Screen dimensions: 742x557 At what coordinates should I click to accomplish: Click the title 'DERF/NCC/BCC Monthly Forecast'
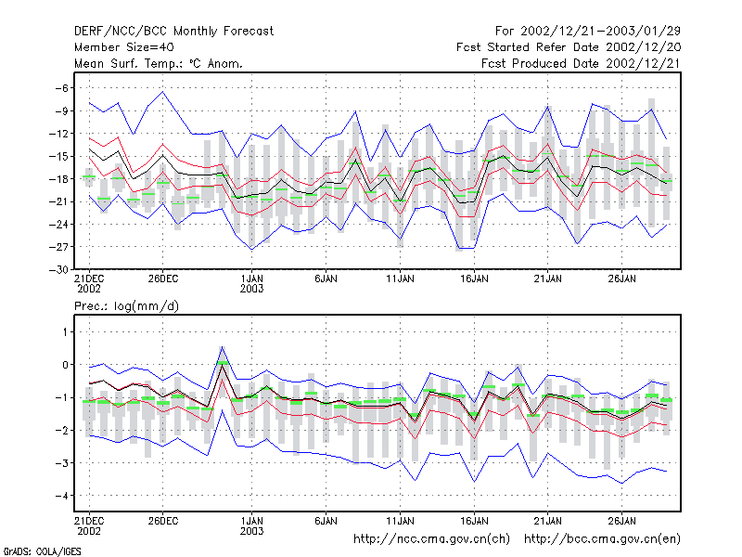click(173, 32)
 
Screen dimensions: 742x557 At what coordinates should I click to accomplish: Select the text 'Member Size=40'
click(124, 47)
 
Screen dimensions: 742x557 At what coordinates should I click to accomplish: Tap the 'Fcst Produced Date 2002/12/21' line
click(581, 63)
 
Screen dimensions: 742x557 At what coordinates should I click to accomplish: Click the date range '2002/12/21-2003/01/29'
click(600, 32)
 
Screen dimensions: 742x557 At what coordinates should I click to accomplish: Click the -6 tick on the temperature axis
click(62, 88)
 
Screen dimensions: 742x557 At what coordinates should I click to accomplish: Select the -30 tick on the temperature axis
click(58, 269)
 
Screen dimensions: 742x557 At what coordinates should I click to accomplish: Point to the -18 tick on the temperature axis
click(58, 179)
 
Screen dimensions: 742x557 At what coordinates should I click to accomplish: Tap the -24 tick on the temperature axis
click(58, 224)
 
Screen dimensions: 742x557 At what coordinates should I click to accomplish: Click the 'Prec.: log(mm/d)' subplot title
click(126, 306)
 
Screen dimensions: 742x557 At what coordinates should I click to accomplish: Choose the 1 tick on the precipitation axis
click(65, 332)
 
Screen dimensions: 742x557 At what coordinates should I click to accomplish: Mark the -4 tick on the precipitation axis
click(62, 496)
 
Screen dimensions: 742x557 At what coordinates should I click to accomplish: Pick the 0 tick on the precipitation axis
click(65, 365)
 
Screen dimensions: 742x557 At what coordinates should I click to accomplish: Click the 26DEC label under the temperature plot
click(163, 278)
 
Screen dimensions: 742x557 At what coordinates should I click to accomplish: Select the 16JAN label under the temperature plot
click(474, 278)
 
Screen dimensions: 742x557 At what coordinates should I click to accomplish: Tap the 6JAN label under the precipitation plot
click(326, 521)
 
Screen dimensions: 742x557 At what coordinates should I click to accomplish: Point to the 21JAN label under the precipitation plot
click(548, 521)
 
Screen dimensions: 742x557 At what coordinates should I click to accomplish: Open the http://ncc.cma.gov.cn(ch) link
click(431, 539)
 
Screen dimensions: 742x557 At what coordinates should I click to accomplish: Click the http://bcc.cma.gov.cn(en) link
click(602, 539)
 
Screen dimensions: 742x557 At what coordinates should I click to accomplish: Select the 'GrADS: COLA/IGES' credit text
click(42, 551)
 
